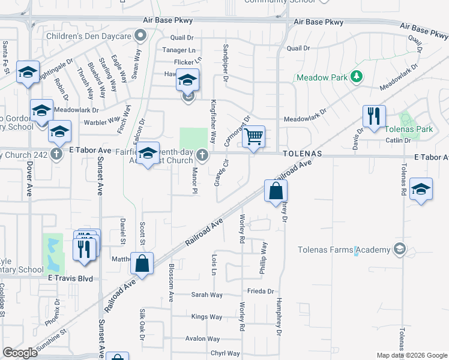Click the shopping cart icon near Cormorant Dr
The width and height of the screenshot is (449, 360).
click(x=254, y=137)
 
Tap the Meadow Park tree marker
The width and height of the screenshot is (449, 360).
click(x=357, y=77)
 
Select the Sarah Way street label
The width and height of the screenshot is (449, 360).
click(x=206, y=295)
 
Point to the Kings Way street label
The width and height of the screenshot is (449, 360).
click(x=206, y=317)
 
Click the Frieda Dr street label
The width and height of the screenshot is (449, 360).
click(x=260, y=291)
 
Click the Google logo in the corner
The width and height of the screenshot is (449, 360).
click(x=20, y=352)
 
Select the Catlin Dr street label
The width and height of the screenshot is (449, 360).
click(x=398, y=140)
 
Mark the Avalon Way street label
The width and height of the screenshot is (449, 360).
click(x=203, y=338)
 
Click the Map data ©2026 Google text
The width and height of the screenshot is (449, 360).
click(x=411, y=355)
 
